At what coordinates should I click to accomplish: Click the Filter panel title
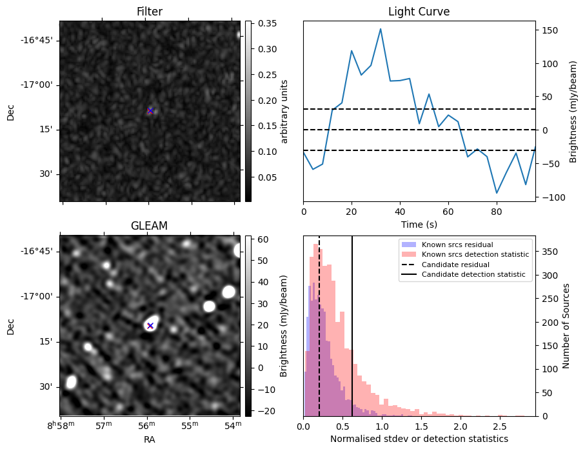150,12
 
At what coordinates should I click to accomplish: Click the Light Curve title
419,12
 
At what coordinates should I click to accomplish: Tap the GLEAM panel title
150,226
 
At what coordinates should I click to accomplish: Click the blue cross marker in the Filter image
150,111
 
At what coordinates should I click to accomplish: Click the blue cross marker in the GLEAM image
150,326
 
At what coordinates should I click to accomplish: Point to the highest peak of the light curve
381,29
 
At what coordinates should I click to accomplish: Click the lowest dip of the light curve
497,193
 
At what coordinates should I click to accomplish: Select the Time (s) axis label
419,224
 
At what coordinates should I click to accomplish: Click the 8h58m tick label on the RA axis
59,426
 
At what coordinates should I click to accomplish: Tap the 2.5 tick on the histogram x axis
499,426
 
